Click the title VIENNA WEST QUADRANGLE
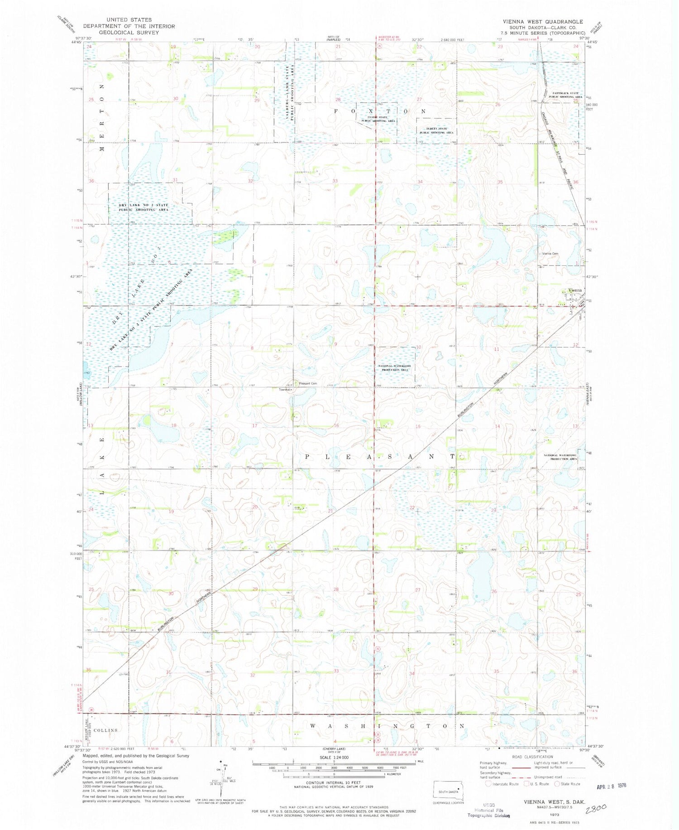pyautogui.click(x=543, y=21)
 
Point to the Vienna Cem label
pyautogui.click(x=550, y=254)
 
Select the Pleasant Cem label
pyautogui.click(x=307, y=384)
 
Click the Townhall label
pyautogui.click(x=284, y=390)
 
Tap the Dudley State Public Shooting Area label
pyautogui.click(x=436, y=130)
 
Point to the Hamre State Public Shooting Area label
pyautogui.click(x=378, y=119)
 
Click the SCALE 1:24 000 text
pyautogui.click(x=334, y=758)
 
